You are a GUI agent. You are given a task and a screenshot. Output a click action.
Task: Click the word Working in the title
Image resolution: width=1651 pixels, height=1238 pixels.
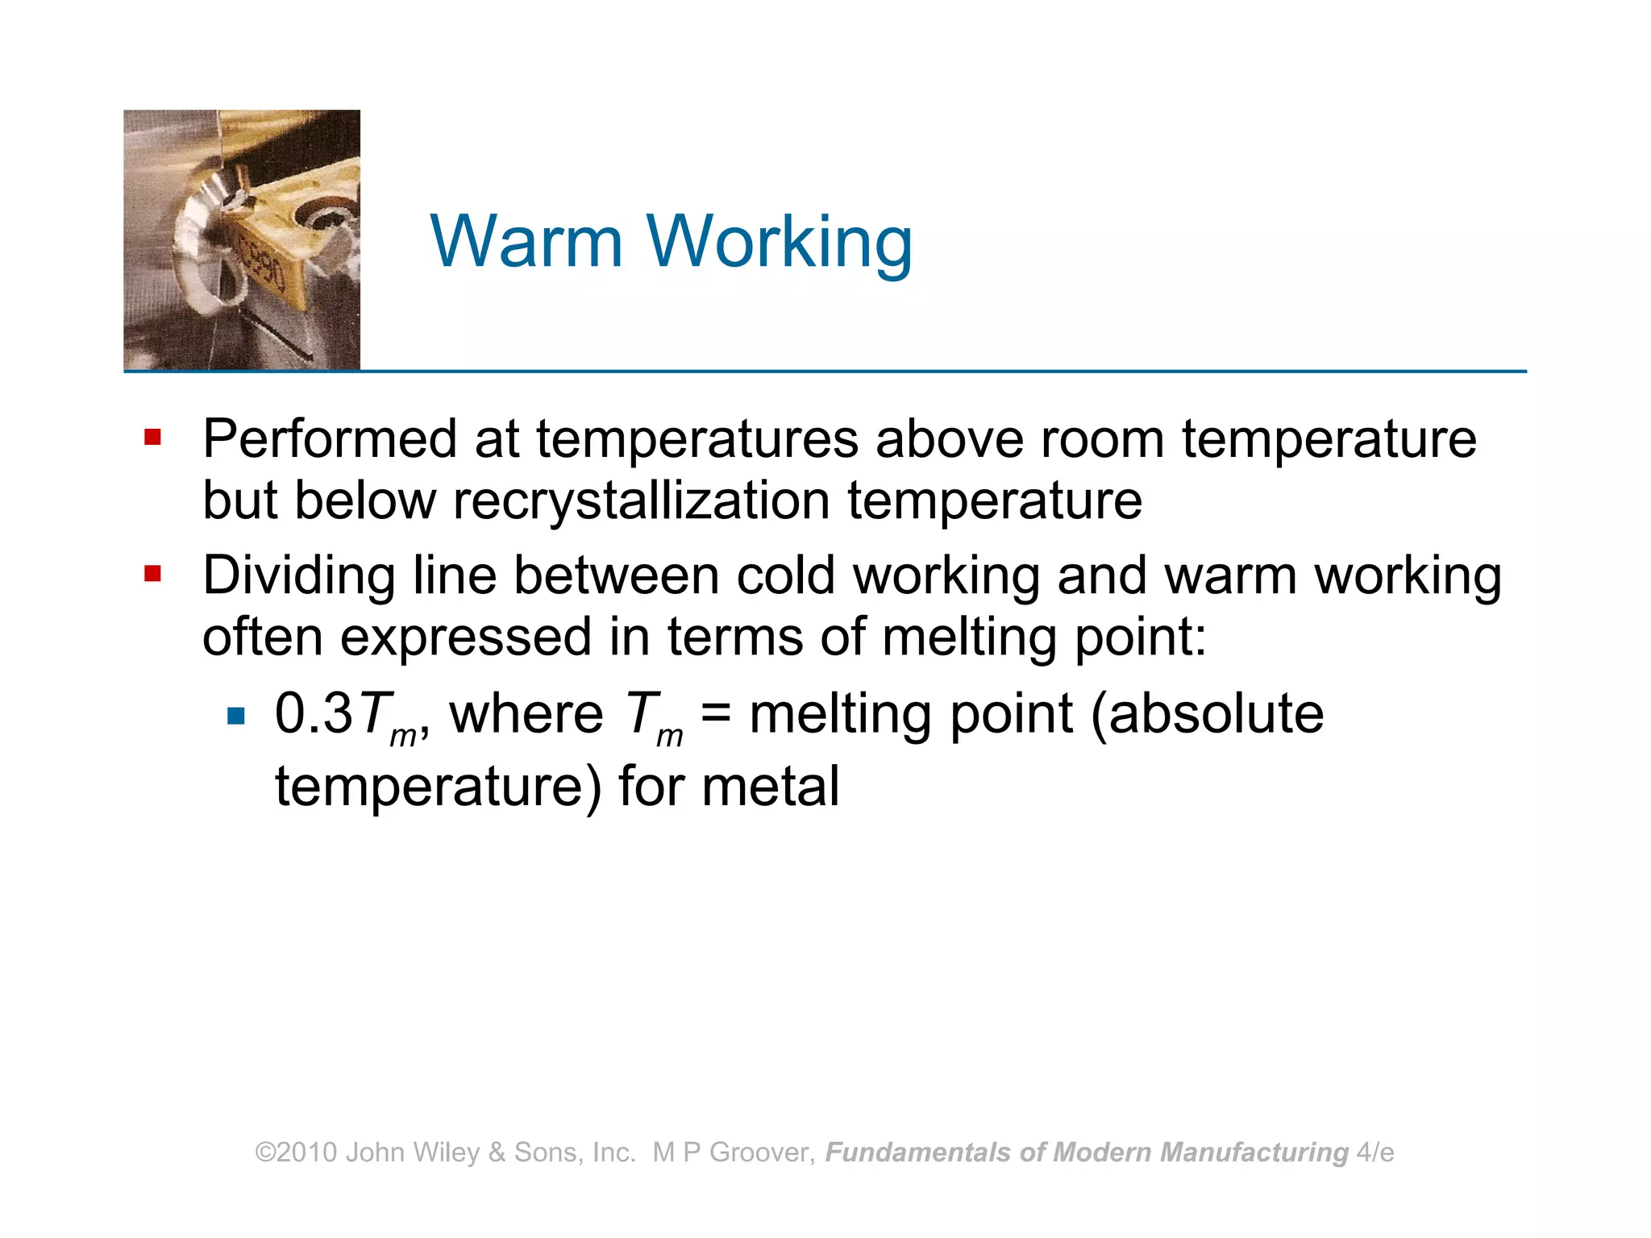click(780, 244)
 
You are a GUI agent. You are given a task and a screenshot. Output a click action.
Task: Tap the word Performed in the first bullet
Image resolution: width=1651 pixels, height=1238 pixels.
click(330, 439)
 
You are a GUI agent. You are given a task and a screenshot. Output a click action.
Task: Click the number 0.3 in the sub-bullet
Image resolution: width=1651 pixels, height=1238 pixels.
click(314, 714)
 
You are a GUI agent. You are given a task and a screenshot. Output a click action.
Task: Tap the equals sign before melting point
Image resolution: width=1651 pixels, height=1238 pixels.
click(716, 714)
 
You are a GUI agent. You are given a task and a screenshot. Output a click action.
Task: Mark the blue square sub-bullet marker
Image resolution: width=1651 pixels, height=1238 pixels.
click(236, 716)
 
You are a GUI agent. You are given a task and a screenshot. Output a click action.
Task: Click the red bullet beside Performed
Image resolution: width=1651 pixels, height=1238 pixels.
click(152, 438)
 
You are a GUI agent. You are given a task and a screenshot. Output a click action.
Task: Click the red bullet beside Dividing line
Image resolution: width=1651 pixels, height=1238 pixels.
click(152, 574)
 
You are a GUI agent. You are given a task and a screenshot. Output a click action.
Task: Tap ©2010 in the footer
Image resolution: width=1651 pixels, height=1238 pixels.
click(296, 1153)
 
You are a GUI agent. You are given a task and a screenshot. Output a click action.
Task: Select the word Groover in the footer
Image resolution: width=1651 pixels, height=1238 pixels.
click(762, 1153)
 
